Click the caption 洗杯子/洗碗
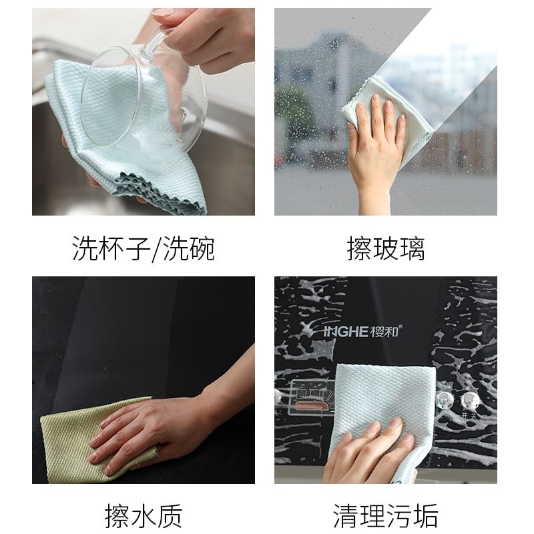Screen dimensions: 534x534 (144, 248)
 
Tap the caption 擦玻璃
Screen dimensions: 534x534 (386, 248)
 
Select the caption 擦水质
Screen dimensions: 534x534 (144, 516)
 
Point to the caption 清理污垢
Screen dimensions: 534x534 (386, 516)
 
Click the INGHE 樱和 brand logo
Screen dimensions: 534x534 (362, 331)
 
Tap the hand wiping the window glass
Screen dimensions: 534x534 (374, 150)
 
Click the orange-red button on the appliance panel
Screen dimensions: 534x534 (310, 406)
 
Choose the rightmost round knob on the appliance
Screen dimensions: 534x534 (470, 400)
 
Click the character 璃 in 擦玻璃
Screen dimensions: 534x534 (412, 248)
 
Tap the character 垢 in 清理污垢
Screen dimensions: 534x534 (426, 516)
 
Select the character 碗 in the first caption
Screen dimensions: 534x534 (202, 248)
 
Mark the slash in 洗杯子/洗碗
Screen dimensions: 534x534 (157, 249)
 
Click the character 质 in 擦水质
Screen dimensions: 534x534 (170, 516)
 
